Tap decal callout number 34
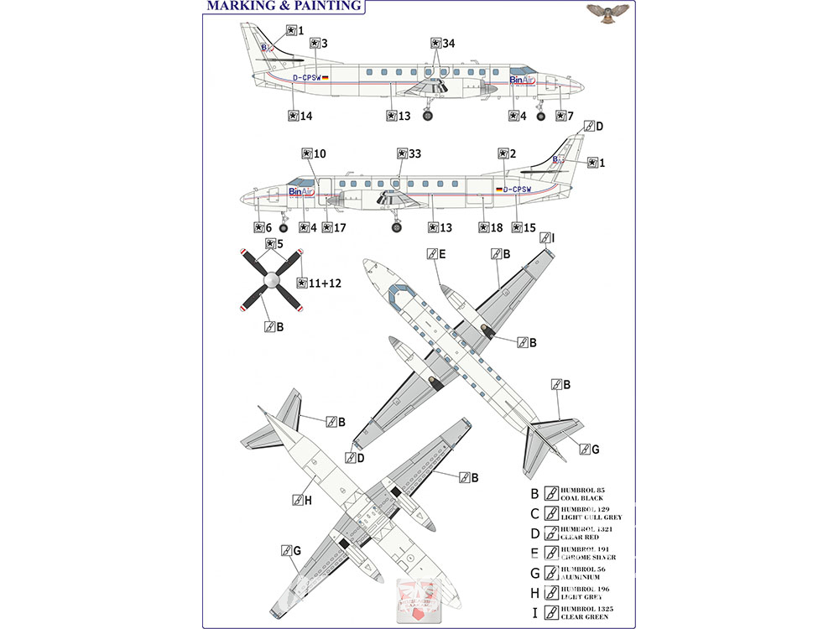pyautogui.click(x=442, y=44)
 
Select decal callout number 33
pyautogui.click(x=409, y=154)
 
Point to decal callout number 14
pyautogui.click(x=300, y=117)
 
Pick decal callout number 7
pyautogui.click(x=565, y=116)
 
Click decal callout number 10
pyautogui.click(x=315, y=154)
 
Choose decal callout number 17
pyautogui.click(x=336, y=227)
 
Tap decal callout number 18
pyautogui.click(x=491, y=227)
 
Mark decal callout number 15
pyautogui.click(x=524, y=227)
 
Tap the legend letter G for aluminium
pyautogui.click(x=534, y=573)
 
